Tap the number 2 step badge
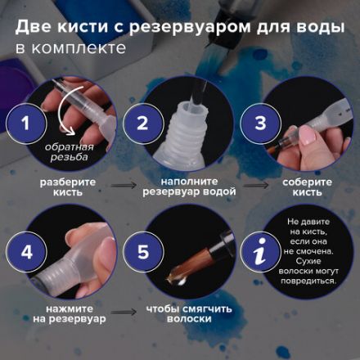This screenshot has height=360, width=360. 142,125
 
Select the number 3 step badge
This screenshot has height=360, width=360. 260,125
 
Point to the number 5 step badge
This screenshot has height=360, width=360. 142,250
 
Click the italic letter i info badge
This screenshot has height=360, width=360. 260,250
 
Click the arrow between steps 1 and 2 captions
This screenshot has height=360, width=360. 124,188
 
